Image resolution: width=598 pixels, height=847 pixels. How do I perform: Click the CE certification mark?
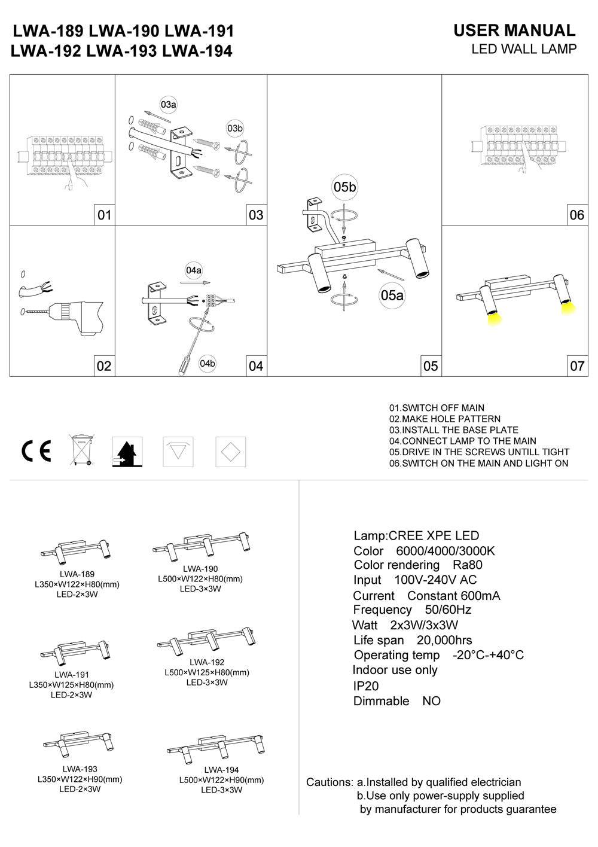(x=36, y=451)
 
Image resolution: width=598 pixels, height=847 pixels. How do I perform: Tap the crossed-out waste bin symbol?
(x=80, y=450)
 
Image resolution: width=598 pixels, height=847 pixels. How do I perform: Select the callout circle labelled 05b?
(x=344, y=187)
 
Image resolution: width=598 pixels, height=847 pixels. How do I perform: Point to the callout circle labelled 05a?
(x=392, y=295)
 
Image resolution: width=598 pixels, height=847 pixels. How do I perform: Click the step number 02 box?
(x=104, y=365)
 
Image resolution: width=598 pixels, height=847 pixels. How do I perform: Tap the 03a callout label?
(x=169, y=105)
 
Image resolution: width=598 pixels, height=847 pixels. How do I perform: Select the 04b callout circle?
(x=208, y=363)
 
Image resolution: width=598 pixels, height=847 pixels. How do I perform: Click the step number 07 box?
(x=577, y=365)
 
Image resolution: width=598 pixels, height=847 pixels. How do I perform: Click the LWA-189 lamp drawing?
(x=77, y=551)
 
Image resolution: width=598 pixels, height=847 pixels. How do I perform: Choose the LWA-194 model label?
(x=221, y=770)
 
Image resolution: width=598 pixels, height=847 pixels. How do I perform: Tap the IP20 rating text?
(x=366, y=686)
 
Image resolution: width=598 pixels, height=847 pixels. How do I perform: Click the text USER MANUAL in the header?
(x=514, y=31)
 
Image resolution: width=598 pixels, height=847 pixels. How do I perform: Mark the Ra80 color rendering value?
(x=467, y=565)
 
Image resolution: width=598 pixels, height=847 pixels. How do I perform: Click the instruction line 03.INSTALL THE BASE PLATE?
(x=453, y=430)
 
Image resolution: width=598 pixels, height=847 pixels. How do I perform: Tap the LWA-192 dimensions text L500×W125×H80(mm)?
(x=207, y=672)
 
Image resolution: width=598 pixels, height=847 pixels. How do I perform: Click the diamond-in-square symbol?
(x=231, y=452)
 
